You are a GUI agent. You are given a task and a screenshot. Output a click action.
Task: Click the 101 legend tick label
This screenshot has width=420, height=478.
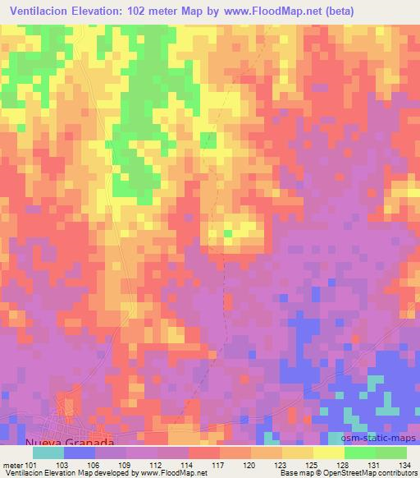[31, 464]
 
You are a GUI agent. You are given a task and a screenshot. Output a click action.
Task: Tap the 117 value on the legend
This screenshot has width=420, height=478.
[220, 464]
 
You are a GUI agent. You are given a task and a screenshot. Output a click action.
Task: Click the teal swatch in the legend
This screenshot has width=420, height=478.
[48, 453]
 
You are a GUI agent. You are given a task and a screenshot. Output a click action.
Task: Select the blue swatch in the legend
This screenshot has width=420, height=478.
[79, 453]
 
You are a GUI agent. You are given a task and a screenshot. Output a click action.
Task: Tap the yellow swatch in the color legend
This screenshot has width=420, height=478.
[329, 453]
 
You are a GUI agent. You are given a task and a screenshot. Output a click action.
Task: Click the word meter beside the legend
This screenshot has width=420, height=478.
[11, 464]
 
